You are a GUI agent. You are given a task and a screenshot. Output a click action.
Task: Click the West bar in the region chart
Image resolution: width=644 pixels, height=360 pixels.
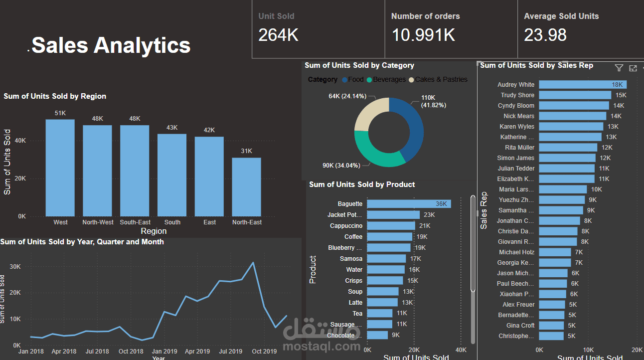click(60, 168)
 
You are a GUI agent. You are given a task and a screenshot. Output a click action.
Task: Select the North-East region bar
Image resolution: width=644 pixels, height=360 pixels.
click(246, 187)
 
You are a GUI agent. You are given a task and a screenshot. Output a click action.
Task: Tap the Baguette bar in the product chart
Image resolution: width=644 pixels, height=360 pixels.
click(409, 204)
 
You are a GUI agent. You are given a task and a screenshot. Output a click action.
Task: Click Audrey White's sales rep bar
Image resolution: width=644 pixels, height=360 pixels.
click(582, 85)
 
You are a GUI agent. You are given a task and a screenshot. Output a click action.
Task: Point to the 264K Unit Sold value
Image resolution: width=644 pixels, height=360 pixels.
click(278, 35)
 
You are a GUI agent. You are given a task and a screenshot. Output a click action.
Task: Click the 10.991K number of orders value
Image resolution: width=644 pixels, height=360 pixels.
click(423, 35)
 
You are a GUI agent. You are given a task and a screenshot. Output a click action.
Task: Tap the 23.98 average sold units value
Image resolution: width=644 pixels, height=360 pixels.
click(545, 35)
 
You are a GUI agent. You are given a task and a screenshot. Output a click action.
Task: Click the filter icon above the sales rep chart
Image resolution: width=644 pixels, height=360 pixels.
click(619, 68)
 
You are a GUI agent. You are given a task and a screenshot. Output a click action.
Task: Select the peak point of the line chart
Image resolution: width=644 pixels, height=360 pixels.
click(253, 263)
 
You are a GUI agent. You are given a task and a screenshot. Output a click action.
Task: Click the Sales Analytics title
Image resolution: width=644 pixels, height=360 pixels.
click(111, 45)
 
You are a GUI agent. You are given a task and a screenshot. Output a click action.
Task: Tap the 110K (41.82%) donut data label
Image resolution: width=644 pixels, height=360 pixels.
click(433, 101)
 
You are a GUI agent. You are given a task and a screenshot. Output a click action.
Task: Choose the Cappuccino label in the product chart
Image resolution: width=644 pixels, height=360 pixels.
click(346, 226)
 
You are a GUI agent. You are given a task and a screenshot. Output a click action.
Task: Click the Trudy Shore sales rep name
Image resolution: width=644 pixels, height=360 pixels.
click(517, 95)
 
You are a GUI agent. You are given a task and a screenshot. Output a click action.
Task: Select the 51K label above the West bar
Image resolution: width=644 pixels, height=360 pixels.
click(60, 113)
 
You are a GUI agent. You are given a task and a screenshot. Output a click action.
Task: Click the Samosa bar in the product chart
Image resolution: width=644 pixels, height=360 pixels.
click(386, 259)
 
